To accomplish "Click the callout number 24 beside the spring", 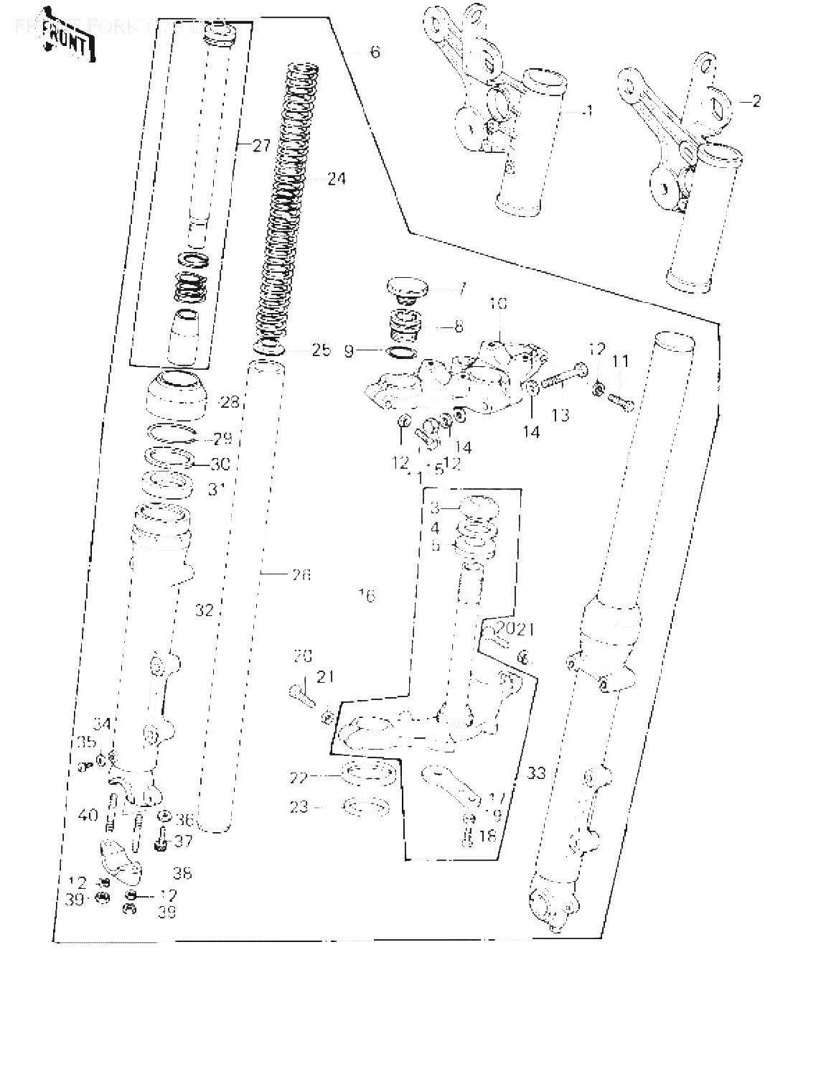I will click(x=336, y=178).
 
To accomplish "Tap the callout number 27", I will click(x=261, y=146).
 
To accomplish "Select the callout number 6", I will click(x=375, y=52).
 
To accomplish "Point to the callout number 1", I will click(x=589, y=111).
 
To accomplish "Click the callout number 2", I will click(x=756, y=101).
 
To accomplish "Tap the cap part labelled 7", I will click(x=407, y=289).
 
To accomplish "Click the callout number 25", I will click(x=321, y=350).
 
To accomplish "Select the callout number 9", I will click(x=349, y=352).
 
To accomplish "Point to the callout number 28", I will click(x=230, y=402).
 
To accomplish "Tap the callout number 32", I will click(x=205, y=610).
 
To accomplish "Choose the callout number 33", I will click(x=536, y=773).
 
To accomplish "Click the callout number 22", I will click(x=299, y=778).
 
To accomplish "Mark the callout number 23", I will click(x=299, y=807).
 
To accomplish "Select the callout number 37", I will click(x=183, y=840).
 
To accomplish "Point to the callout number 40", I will click(x=88, y=815).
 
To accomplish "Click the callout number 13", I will click(x=560, y=414).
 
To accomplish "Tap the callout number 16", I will click(x=367, y=595).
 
